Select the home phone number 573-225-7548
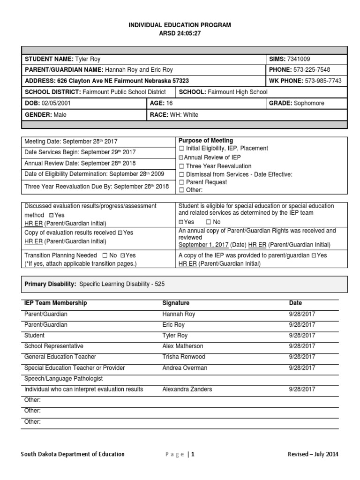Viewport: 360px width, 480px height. [x=313, y=70]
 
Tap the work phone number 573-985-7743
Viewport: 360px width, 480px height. [x=323, y=81]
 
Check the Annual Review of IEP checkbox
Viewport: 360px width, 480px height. [x=181, y=157]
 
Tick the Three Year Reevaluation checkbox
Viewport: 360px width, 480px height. [x=181, y=166]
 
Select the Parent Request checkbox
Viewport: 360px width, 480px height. [x=181, y=182]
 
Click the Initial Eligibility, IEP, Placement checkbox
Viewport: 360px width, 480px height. [x=181, y=149]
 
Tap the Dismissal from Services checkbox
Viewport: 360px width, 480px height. [x=181, y=174]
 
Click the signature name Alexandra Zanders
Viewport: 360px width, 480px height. [x=187, y=389]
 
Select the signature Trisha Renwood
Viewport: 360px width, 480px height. [x=183, y=357]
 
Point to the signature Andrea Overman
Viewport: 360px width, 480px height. [x=184, y=368]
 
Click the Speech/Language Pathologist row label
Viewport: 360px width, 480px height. [x=63, y=378]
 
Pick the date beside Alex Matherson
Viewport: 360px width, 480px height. [x=302, y=346]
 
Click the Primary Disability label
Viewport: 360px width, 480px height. [x=50, y=284]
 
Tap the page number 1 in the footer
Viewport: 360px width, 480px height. [x=192, y=454]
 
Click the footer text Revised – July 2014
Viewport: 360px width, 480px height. [x=313, y=454]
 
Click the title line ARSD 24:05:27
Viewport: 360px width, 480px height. [x=180, y=34]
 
